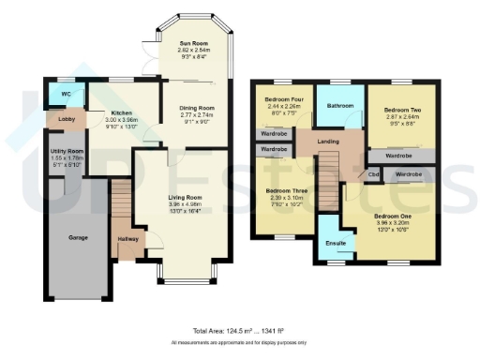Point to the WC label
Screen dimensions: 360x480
tap(65, 96)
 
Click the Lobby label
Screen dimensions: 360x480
tap(67, 120)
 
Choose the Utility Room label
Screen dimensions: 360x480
tap(67, 151)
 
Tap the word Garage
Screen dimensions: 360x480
tap(78, 238)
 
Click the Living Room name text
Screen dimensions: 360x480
tap(185, 198)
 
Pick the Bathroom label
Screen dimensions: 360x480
tap(340, 106)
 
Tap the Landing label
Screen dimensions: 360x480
tap(328, 142)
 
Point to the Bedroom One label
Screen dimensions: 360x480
tap(393, 217)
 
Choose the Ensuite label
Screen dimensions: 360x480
tap(335, 244)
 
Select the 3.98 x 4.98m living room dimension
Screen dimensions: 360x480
tap(185, 205)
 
